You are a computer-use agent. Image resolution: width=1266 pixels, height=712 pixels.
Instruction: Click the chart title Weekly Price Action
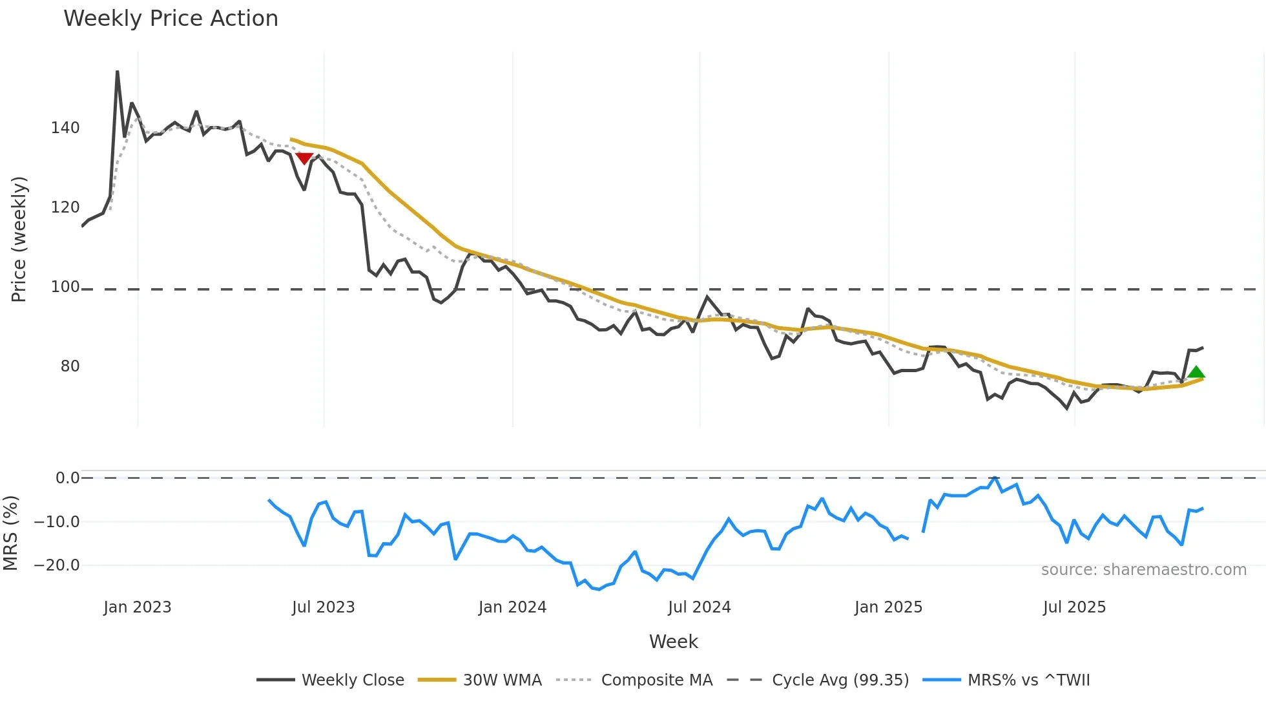pos(171,19)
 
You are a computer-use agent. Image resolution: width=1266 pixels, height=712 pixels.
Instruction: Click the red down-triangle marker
pos(304,158)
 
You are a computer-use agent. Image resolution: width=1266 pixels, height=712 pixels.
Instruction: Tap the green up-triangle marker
pos(1196,372)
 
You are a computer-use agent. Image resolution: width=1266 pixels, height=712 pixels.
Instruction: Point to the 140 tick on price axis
pos(65,128)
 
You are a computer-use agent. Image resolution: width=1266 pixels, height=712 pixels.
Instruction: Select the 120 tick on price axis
pos(65,207)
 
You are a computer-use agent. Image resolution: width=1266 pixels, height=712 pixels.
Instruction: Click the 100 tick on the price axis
pos(65,287)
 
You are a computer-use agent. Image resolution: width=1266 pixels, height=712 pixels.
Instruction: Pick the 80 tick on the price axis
pos(70,366)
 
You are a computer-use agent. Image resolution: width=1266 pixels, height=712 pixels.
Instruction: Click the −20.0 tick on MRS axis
pos(56,565)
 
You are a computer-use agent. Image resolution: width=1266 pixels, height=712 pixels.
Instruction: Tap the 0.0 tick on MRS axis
pos(67,478)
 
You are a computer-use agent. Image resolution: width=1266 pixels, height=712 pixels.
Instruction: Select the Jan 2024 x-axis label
pos(512,607)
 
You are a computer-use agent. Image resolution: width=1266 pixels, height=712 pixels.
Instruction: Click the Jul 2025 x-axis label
pos(1074,607)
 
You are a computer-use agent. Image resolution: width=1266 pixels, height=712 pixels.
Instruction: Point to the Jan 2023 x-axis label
pos(137,607)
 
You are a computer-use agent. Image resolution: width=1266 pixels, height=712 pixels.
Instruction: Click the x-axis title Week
pos(673,642)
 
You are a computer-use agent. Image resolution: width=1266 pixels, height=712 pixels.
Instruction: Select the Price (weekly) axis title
pos(19,239)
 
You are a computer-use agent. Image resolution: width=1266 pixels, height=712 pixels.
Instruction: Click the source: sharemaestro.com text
pos(1143,570)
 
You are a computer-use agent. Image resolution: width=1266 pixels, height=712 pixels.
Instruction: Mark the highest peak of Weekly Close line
pos(118,72)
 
